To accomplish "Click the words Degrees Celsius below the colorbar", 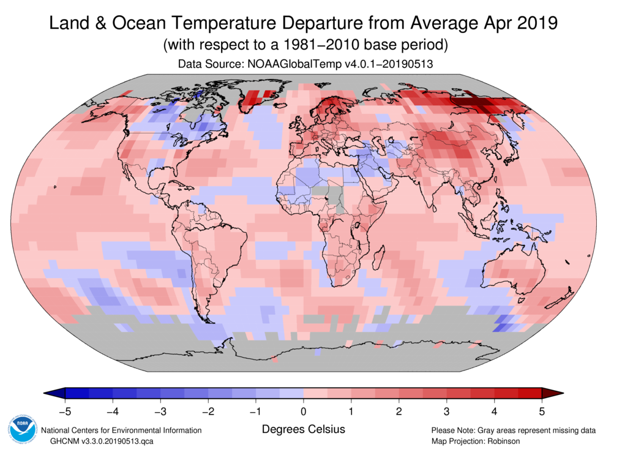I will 303,429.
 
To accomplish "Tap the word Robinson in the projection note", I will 500,441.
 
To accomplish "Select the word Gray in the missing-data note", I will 490,430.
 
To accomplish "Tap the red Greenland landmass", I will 258,99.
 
